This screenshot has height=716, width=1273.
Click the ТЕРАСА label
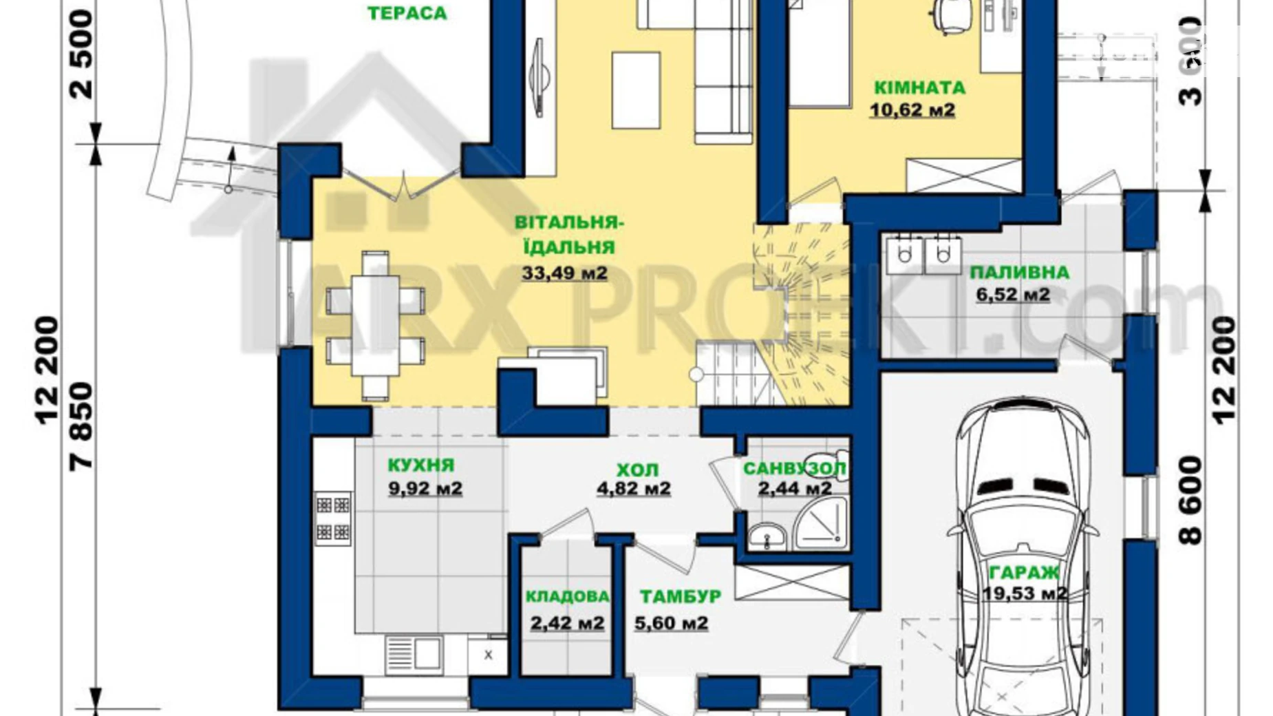pyautogui.click(x=407, y=13)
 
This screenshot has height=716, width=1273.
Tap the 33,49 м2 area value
pyautogui.click(x=564, y=273)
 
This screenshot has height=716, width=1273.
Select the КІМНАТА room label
pyautogui.click(x=919, y=87)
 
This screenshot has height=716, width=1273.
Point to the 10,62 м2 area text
pyautogui.click(x=912, y=109)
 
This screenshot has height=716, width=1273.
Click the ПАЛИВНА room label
pyautogui.click(x=1019, y=273)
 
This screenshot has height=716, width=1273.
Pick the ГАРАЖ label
pyautogui.click(x=1024, y=572)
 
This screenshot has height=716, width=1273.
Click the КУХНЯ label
pyautogui.click(x=421, y=465)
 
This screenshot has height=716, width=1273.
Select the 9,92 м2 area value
pyautogui.click(x=425, y=488)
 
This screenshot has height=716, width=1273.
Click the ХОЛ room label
pyautogui.click(x=637, y=470)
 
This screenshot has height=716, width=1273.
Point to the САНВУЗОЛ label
pyautogui.click(x=795, y=468)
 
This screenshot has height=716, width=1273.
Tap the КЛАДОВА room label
pyautogui.click(x=567, y=597)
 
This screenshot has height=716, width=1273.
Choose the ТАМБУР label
pyautogui.click(x=681, y=596)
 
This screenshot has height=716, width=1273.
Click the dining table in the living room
pyautogui.click(x=375, y=325)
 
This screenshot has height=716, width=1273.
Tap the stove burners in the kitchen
pyautogui.click(x=333, y=518)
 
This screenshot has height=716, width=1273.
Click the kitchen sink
pyautogui.click(x=414, y=653)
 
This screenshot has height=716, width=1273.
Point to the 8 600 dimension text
pyautogui.click(x=1191, y=501)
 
